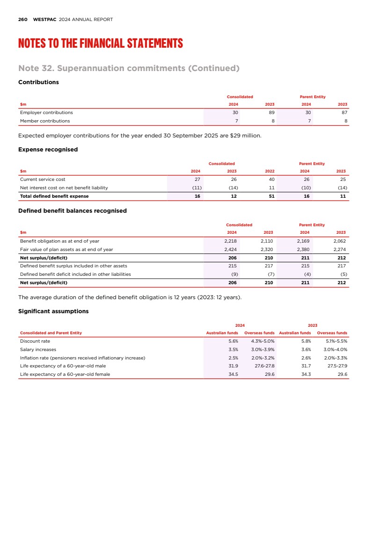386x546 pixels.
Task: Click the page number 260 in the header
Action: coord(22,20)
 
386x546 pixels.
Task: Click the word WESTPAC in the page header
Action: coord(45,20)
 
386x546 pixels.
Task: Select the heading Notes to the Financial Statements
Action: coord(100,44)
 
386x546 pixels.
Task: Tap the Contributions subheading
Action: coord(38,82)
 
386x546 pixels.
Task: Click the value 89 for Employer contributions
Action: coord(271,113)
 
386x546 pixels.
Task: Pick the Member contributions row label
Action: coord(45,121)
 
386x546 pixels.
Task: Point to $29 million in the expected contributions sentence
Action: coord(249,136)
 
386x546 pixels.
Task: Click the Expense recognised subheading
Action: coord(48,150)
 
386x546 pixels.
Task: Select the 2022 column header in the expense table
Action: coord(269,171)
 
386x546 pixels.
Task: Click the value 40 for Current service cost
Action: coord(271,180)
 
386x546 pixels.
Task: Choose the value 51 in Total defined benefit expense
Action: coord(271,196)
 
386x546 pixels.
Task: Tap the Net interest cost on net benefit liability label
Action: coord(64,188)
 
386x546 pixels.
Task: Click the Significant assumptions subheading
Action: coord(53,311)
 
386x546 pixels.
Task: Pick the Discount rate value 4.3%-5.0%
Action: coord(262,341)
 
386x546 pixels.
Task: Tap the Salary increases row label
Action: coord(38,350)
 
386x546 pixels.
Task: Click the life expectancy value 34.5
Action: coord(233,374)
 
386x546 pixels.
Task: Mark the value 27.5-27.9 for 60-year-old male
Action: coord(336,366)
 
